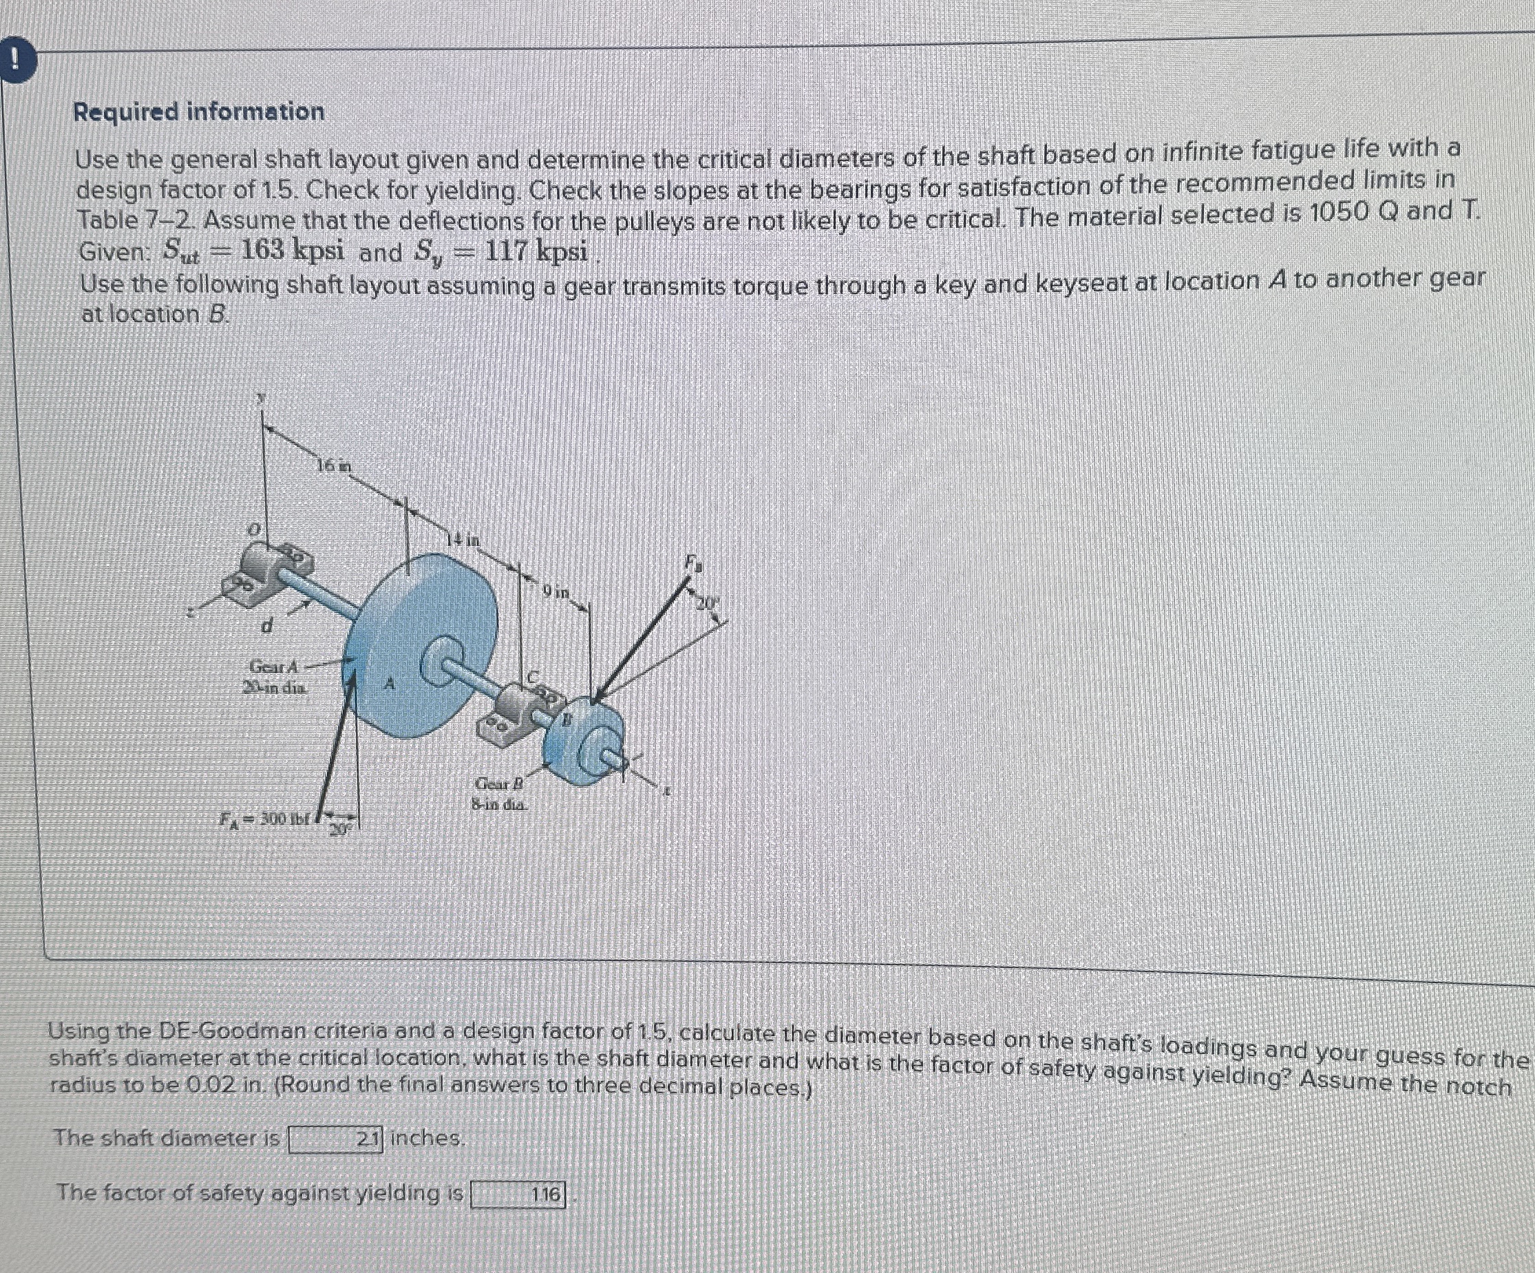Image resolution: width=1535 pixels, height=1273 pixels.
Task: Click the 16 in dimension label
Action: [x=334, y=465]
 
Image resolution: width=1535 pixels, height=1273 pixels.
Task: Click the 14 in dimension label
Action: [x=465, y=540]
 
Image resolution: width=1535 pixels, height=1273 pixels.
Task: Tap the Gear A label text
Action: [x=274, y=667]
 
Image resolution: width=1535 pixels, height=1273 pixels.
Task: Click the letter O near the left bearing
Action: [x=253, y=529]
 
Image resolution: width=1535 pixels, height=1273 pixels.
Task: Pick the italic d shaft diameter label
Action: [x=267, y=627]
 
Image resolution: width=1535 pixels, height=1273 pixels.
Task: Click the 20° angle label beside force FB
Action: [x=707, y=603]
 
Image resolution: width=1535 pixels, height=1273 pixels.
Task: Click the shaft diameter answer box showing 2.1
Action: [x=335, y=1139]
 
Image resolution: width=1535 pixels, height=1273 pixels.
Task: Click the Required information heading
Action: [x=199, y=112]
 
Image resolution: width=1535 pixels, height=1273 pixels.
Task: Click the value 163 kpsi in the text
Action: [x=292, y=251]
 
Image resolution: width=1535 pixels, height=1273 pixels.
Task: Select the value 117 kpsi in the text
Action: [x=536, y=251]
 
